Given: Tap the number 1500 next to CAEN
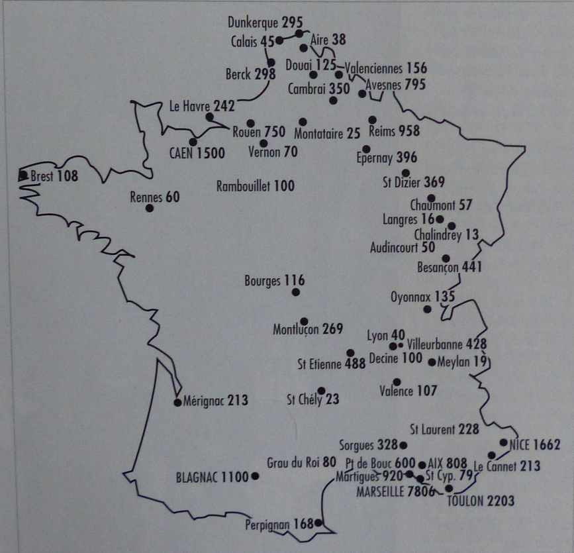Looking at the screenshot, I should [x=211, y=154].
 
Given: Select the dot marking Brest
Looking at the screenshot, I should [x=24, y=176].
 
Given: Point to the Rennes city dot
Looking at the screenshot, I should [x=150, y=208].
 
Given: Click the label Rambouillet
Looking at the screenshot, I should [x=244, y=186].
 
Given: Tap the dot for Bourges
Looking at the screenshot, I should [x=296, y=292].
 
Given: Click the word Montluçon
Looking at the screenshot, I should [x=296, y=329].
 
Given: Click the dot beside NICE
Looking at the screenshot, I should [x=504, y=442].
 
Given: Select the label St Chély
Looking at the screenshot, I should [x=304, y=399].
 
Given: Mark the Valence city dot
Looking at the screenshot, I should [x=397, y=381].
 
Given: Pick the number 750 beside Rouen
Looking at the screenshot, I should [x=274, y=132].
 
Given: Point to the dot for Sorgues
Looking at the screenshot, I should [x=404, y=445].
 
